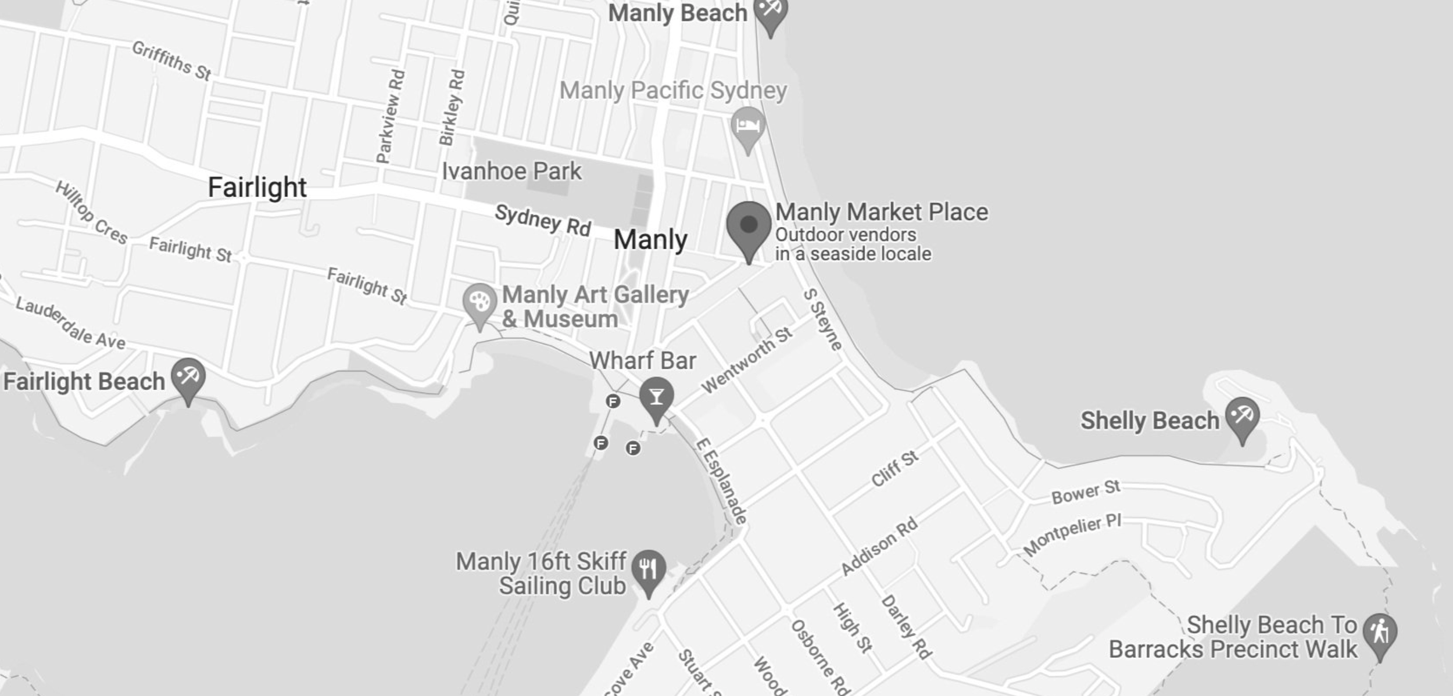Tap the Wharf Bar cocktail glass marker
tap(656, 397)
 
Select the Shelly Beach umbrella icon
tap(1243, 417)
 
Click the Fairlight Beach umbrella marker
tap(188, 378)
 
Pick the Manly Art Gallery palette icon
tap(479, 303)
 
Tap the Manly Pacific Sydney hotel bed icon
tap(748, 126)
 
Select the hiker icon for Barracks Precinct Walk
tap(1380, 633)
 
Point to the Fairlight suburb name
tap(257, 187)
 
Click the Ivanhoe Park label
tap(511, 171)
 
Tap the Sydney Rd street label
tap(543, 220)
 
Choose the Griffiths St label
tap(171, 60)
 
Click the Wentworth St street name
tap(747, 360)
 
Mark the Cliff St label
tap(895, 468)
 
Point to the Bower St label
tap(1086, 492)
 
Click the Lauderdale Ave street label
tap(70, 322)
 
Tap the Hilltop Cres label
tap(91, 213)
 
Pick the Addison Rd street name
tap(879, 546)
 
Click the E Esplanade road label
tap(722, 481)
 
